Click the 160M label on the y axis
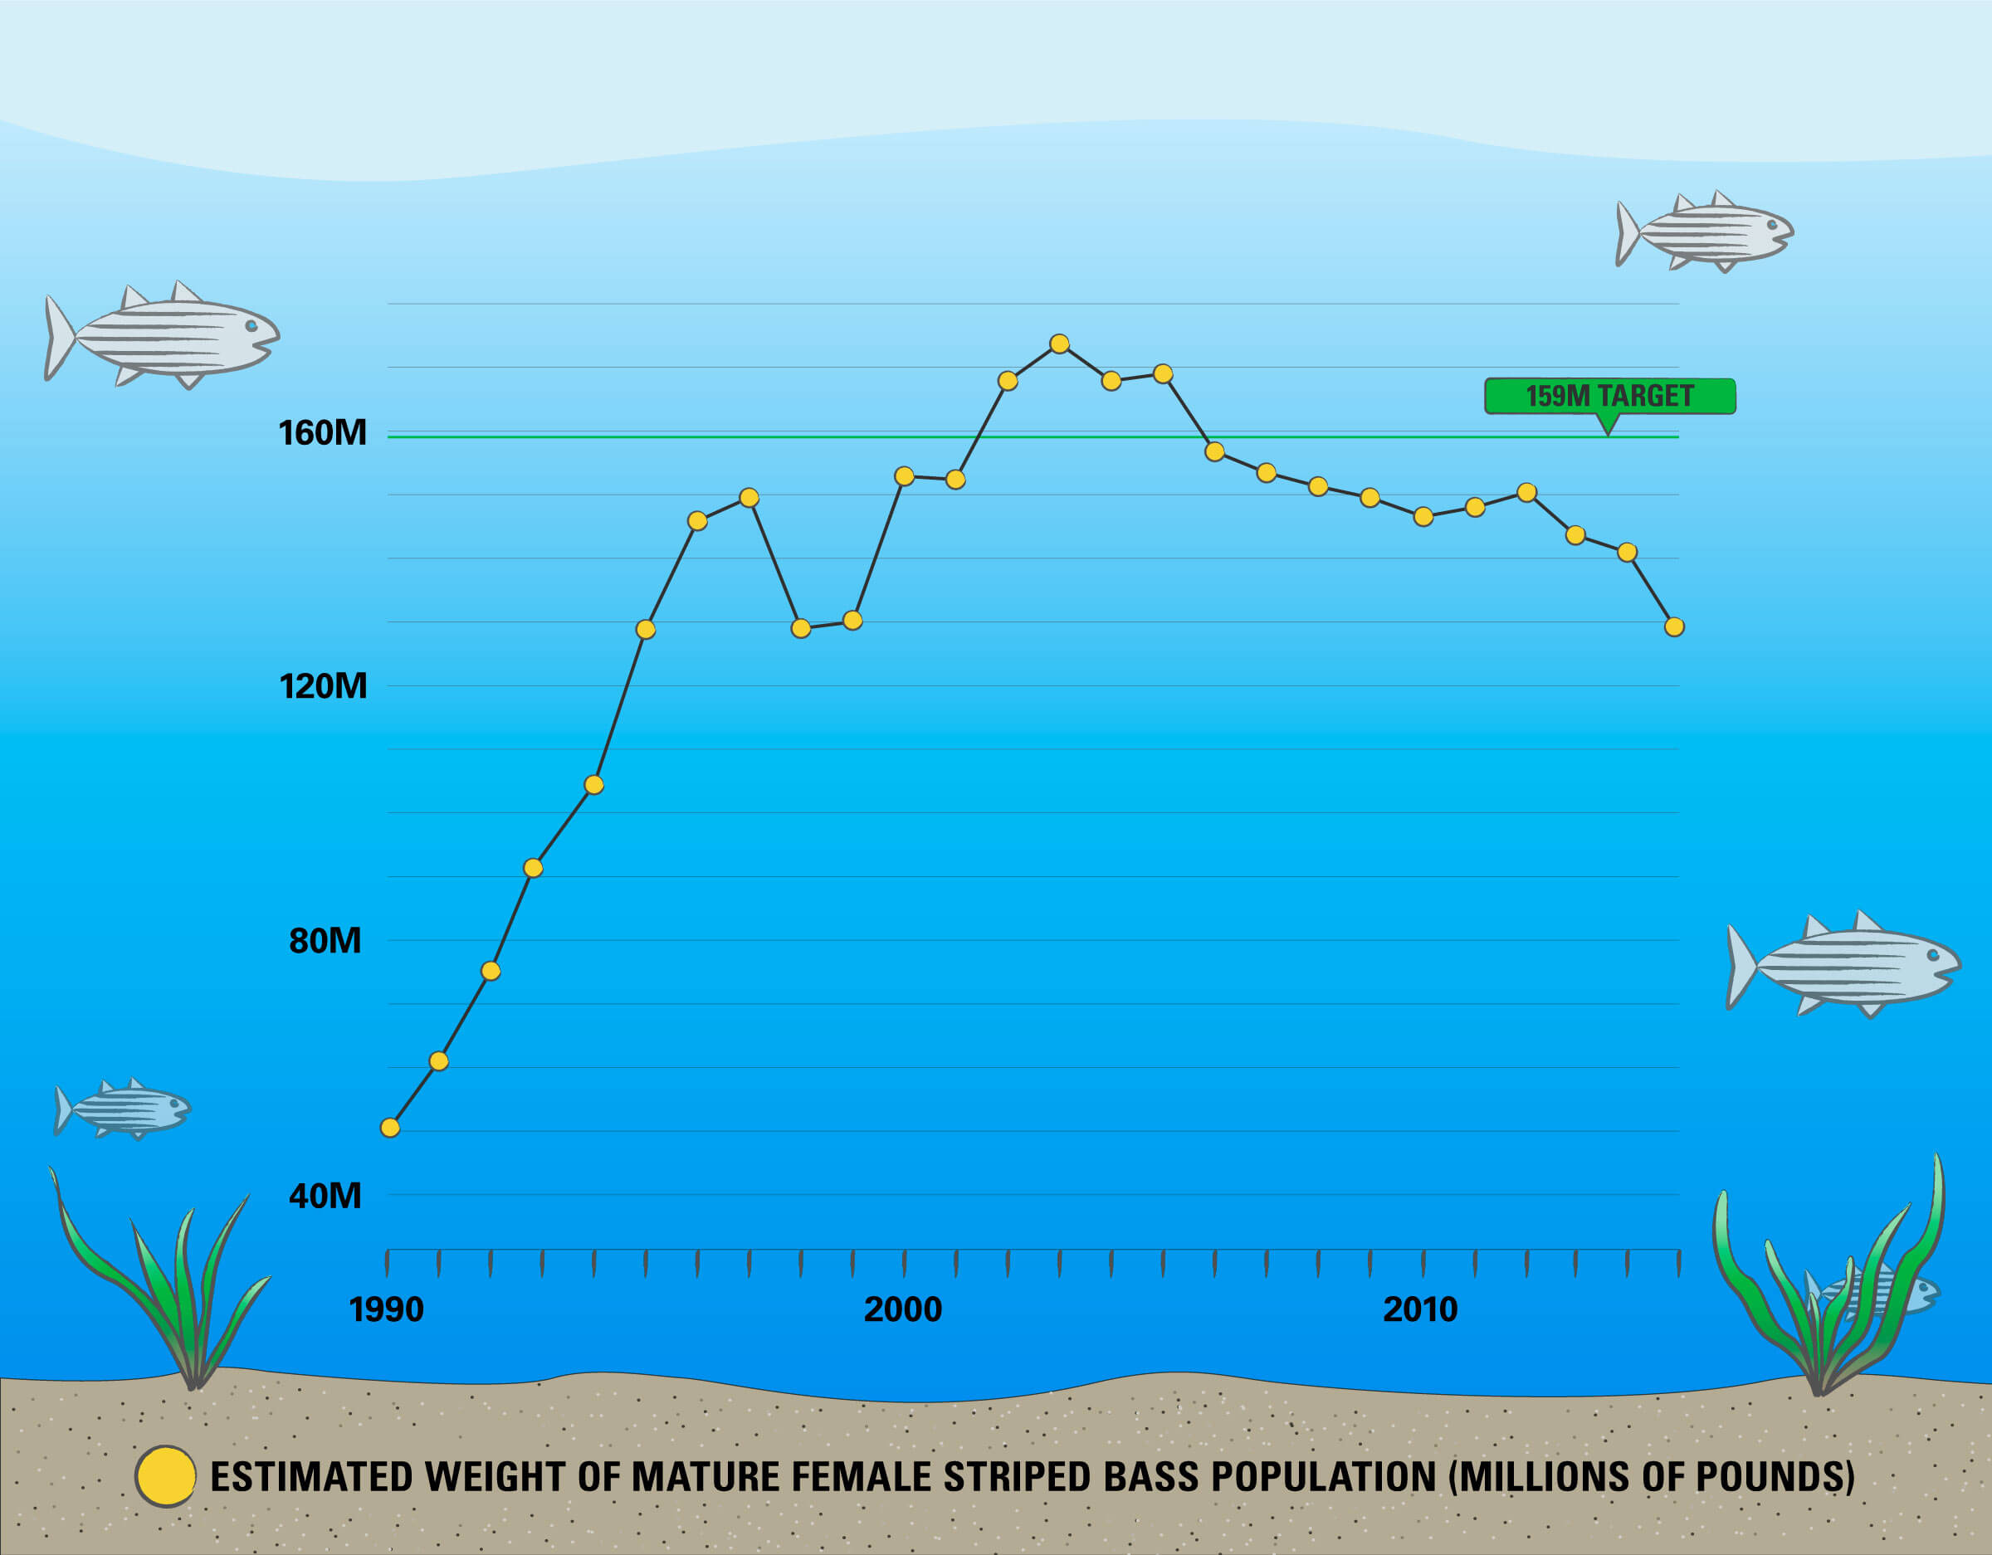pyautogui.click(x=322, y=432)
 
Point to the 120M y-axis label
pyautogui.click(x=322, y=686)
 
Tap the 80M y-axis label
pyautogui.click(x=325, y=940)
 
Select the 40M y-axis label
pyautogui.click(x=325, y=1195)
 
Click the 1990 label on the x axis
pyautogui.click(x=386, y=1309)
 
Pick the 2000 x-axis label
pyautogui.click(x=902, y=1309)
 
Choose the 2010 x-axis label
pyautogui.click(x=1420, y=1309)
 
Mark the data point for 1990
pyautogui.click(x=389, y=1128)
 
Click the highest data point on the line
pyautogui.click(x=1059, y=344)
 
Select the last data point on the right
pyautogui.click(x=1673, y=626)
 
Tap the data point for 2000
pyautogui.click(x=904, y=476)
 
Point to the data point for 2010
pyautogui.click(x=1423, y=517)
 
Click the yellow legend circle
pyautogui.click(x=165, y=1476)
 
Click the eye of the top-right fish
pyautogui.click(x=1771, y=224)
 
